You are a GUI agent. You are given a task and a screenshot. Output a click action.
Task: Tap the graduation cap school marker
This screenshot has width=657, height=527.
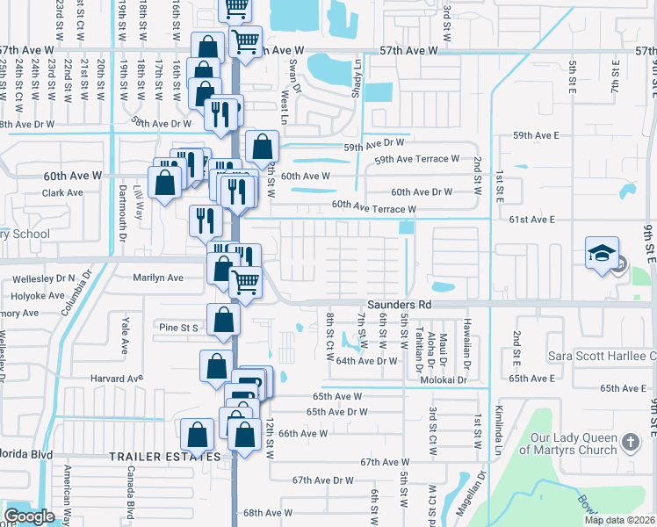pyautogui.click(x=603, y=254)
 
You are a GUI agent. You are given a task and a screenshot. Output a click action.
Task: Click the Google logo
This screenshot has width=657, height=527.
pyautogui.click(x=29, y=516)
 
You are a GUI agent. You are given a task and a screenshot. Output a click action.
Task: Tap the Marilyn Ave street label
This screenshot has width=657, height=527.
pyautogui.click(x=157, y=278)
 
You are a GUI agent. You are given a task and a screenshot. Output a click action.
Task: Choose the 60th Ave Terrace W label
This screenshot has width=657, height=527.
pyautogui.click(x=373, y=208)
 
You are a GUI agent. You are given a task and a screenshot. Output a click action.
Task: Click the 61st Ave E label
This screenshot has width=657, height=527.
pyautogui.click(x=536, y=219)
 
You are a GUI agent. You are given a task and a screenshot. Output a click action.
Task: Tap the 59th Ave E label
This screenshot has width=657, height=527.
pyautogui.click(x=536, y=135)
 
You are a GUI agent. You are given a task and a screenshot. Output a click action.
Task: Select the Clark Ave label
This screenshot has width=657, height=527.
pyautogui.click(x=62, y=192)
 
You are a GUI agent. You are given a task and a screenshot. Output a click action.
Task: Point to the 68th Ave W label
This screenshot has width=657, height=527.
pyautogui.click(x=268, y=513)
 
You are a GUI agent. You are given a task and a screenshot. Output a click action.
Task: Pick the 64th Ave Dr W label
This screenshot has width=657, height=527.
pyautogui.click(x=367, y=361)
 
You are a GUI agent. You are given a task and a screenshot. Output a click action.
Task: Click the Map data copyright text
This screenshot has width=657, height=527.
pyautogui.click(x=620, y=520)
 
